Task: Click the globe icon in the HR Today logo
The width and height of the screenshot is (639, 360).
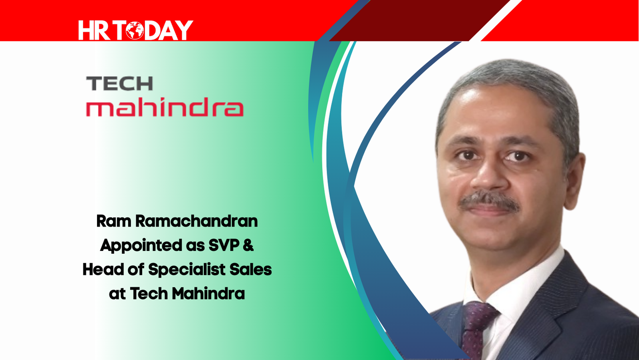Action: point(135,30)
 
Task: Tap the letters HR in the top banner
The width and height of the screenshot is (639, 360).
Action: point(94,30)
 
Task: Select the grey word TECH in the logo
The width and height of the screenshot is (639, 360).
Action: point(119,84)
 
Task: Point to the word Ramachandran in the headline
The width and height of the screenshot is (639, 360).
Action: point(196,221)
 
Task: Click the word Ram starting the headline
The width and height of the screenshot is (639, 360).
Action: point(113,221)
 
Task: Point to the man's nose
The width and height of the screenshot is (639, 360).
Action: point(490,174)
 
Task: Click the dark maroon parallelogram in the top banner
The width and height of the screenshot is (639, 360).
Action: point(420,20)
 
